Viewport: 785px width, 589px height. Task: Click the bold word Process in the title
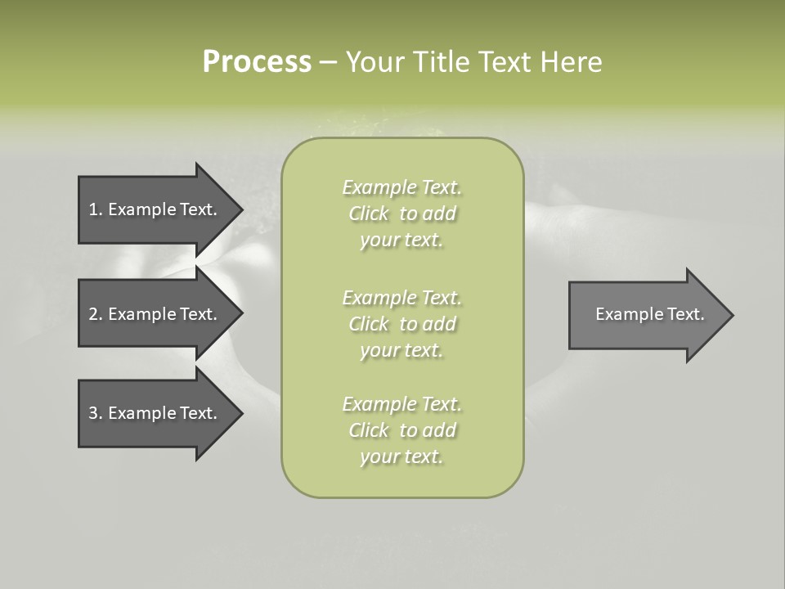(257, 61)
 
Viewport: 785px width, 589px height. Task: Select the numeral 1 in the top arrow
(93, 209)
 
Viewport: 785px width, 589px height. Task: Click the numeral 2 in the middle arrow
(93, 314)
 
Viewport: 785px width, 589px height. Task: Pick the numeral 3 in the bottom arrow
(93, 413)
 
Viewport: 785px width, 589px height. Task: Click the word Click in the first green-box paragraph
(370, 214)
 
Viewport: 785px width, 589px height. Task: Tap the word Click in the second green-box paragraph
(370, 324)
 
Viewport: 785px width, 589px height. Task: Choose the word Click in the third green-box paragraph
(370, 430)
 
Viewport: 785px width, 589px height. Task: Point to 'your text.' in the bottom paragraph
(401, 456)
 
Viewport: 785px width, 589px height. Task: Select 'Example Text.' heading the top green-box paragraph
(401, 188)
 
